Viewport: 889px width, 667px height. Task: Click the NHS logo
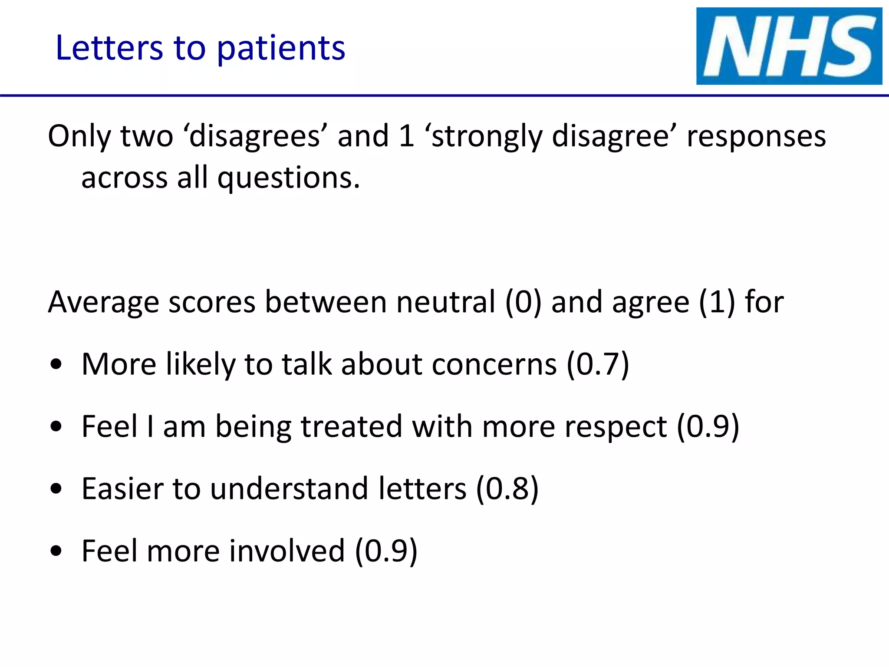[x=789, y=46]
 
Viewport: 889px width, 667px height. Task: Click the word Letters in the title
[x=109, y=47]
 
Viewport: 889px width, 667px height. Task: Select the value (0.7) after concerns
[x=598, y=364]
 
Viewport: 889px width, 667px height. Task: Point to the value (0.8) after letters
[x=507, y=489]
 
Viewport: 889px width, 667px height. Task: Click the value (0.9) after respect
[x=708, y=426]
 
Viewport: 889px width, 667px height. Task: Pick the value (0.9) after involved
[x=386, y=551]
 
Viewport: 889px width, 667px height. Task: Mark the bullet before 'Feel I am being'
[x=56, y=427]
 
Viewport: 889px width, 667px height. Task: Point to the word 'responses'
[x=756, y=136]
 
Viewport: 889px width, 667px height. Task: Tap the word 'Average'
[x=103, y=303]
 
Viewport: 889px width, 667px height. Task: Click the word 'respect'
[x=617, y=427]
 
